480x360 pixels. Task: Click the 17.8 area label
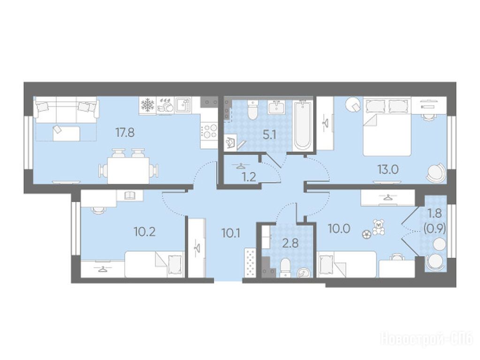(125, 133)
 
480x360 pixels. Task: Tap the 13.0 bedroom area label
(388, 169)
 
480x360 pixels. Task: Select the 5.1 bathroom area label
(269, 135)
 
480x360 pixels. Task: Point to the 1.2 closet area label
(249, 177)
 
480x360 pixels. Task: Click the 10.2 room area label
(145, 232)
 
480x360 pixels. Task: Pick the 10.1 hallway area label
(231, 234)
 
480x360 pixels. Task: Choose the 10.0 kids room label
(339, 228)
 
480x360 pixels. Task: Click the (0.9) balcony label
(434, 227)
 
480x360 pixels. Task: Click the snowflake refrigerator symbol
(147, 105)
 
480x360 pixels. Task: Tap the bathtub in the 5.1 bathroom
(302, 126)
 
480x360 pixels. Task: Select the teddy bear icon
(378, 227)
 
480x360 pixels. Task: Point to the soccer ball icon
(366, 234)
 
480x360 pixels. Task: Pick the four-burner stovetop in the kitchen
(209, 131)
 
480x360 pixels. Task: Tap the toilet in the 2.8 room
(285, 268)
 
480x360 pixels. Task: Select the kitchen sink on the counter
(182, 105)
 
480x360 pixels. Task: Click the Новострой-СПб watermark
(427, 340)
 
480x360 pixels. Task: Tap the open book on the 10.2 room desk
(130, 195)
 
